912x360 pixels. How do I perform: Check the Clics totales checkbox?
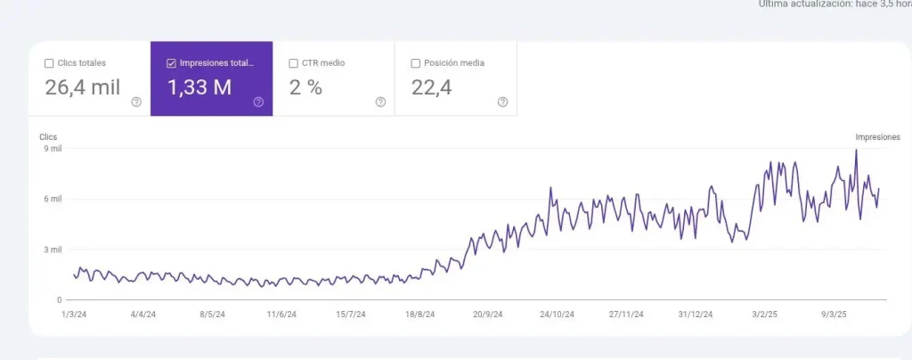coord(49,63)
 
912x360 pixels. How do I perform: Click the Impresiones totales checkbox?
coord(171,63)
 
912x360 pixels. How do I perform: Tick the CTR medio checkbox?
coord(293,63)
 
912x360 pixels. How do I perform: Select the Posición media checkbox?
coord(415,63)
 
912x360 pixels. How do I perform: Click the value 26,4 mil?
coord(82,87)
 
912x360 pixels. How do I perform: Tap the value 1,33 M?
coord(200,87)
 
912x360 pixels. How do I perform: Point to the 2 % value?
coord(305,87)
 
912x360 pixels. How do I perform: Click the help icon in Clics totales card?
coord(136,102)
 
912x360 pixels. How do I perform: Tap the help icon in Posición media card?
coord(502,102)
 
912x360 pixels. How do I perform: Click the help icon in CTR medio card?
coord(380,102)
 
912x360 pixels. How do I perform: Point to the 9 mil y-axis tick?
coord(52,149)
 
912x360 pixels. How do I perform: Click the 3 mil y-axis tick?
coord(52,250)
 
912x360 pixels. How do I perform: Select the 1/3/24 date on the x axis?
coord(73,315)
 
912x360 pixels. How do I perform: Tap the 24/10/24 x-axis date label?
coord(558,315)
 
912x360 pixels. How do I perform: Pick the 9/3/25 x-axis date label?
coord(835,315)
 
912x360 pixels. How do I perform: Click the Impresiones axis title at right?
coord(877,137)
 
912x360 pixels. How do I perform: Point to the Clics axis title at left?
coord(48,137)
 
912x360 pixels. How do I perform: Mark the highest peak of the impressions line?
coord(856,150)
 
